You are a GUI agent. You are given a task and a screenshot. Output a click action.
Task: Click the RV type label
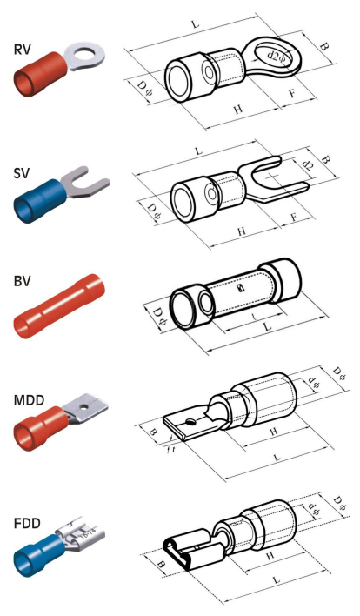point(22,50)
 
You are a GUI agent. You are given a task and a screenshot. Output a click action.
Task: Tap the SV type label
point(21,173)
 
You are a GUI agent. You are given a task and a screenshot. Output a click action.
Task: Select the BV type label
point(22,281)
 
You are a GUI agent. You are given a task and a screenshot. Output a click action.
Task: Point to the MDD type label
point(29,401)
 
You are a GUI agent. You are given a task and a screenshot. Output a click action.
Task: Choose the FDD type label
point(27,524)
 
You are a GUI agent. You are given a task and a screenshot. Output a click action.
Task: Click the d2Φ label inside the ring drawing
point(277,56)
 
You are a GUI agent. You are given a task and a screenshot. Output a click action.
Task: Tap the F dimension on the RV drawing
point(292,93)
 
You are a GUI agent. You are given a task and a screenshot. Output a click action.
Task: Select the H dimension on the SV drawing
point(243,231)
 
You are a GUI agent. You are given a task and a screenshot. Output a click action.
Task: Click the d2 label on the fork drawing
point(308,165)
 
